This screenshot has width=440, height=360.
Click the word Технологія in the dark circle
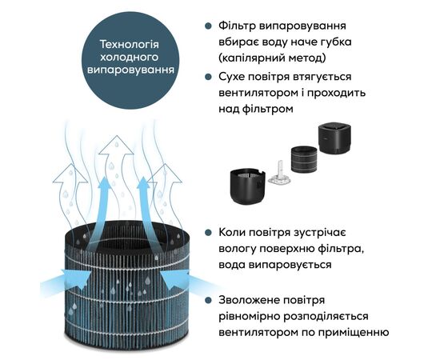(130, 44)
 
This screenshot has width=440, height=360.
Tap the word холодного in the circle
(130, 57)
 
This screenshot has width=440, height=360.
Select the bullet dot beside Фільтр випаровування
(208, 26)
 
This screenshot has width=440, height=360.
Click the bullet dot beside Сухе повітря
(208, 77)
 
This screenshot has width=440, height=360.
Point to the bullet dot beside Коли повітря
(208, 233)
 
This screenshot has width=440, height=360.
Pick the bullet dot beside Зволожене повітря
(208, 300)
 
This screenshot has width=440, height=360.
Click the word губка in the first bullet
(335, 42)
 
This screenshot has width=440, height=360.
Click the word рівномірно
(249, 317)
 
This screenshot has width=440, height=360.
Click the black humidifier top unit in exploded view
(334, 139)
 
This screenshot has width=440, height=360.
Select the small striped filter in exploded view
(304, 159)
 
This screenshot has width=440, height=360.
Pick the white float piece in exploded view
(278, 173)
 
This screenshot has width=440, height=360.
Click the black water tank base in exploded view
(247, 186)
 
